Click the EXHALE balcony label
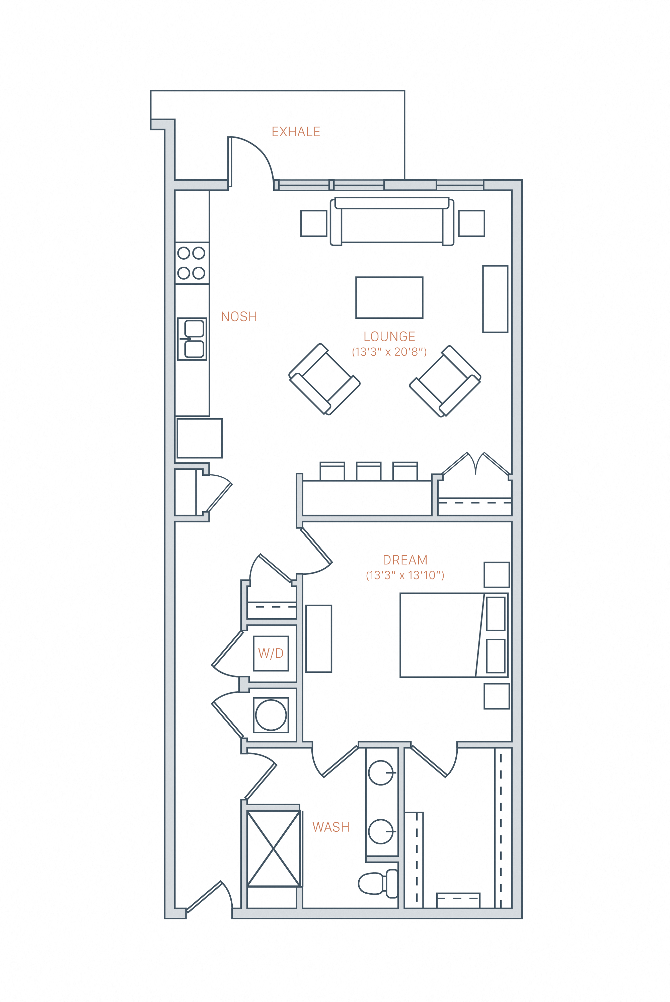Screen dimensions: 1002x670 tap(296, 131)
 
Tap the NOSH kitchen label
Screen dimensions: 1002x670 tap(239, 316)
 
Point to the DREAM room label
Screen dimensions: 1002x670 tap(405, 560)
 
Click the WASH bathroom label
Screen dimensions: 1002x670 tap(331, 827)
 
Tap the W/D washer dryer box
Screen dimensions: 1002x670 tap(271, 653)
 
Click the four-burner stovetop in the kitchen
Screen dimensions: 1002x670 tap(192, 263)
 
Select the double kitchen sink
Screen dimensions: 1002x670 tap(192, 339)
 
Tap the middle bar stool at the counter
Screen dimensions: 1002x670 tap(369, 471)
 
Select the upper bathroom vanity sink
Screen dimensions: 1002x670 tap(380, 773)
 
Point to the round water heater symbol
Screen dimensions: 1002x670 tap(271, 715)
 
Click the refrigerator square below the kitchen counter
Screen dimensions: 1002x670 tap(200, 438)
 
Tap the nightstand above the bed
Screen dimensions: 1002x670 tap(497, 575)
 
